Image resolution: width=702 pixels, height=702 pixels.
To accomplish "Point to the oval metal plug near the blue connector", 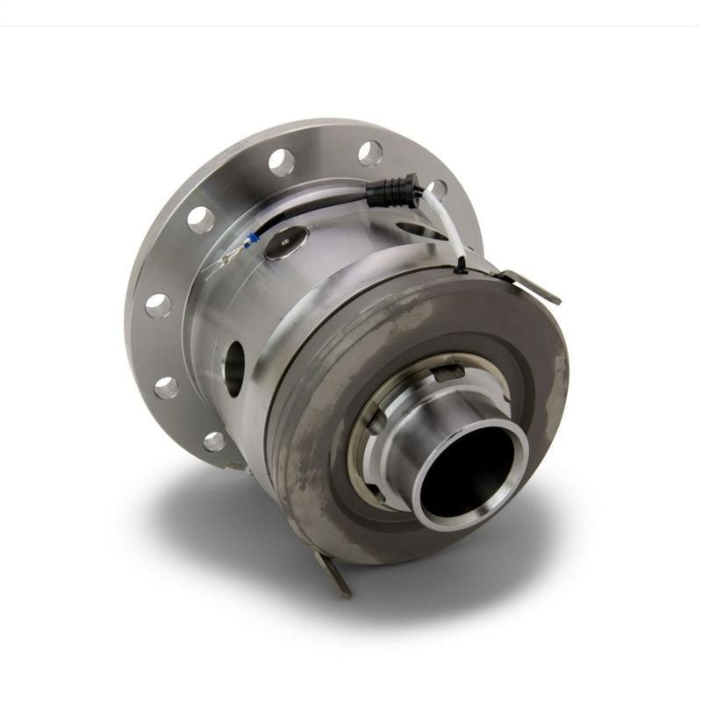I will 287,243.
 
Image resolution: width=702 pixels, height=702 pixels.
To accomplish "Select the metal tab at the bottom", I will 333,575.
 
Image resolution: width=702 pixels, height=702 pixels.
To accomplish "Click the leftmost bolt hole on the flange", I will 158,306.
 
